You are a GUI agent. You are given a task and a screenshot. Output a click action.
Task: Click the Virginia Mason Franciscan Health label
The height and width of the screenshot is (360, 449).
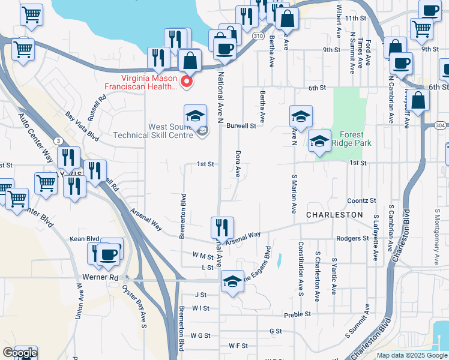coord(140,82)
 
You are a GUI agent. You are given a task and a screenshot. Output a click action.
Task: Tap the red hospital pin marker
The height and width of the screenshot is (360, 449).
coord(187,82)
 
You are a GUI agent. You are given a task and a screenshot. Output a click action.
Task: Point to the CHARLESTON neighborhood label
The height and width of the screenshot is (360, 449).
coord(334,214)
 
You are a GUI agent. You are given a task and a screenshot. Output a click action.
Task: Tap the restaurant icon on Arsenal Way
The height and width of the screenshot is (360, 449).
coord(221,228)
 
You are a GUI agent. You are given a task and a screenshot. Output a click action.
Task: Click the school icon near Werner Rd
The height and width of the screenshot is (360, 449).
coord(232,281)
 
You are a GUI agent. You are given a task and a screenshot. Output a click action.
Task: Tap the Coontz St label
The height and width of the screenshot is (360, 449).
coord(361,200)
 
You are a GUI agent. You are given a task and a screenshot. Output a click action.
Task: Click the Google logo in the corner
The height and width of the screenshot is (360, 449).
coord(19,353)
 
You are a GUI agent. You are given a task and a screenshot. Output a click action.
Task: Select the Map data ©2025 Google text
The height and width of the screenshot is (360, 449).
coord(411,355)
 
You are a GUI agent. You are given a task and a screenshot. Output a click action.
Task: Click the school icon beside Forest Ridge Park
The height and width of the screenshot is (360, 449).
coord(320,141)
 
